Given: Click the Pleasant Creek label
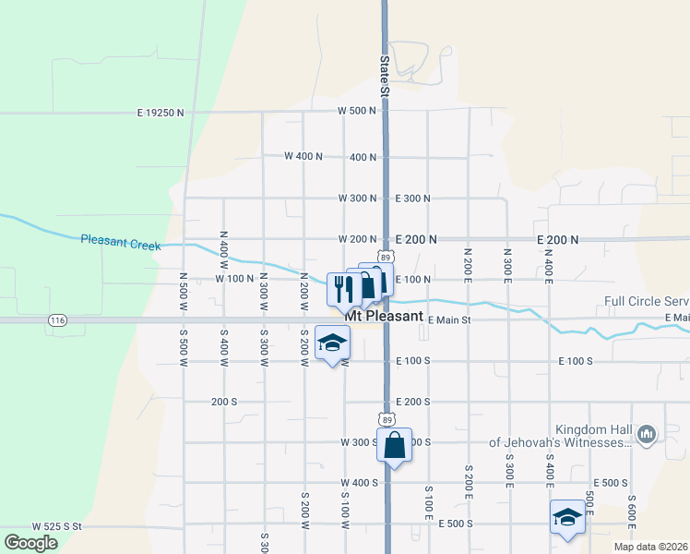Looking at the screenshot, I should click(x=120, y=243).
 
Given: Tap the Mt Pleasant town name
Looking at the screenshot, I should click(x=384, y=315).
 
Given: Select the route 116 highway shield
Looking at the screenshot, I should click(x=58, y=319).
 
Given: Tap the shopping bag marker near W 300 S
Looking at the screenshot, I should click(x=394, y=445).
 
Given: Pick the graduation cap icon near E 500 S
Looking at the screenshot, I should click(x=566, y=518).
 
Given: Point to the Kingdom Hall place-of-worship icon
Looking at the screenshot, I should click(x=646, y=433).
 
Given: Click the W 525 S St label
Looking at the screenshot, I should click(x=57, y=526).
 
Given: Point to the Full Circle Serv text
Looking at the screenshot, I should click(x=647, y=301).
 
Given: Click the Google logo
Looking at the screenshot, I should click(x=30, y=543).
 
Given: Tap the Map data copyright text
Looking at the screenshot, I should click(x=651, y=547).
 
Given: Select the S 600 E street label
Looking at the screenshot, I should click(x=632, y=512).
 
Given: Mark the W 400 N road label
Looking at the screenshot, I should click(x=303, y=156).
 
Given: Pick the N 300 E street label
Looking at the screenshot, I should click(x=507, y=264).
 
